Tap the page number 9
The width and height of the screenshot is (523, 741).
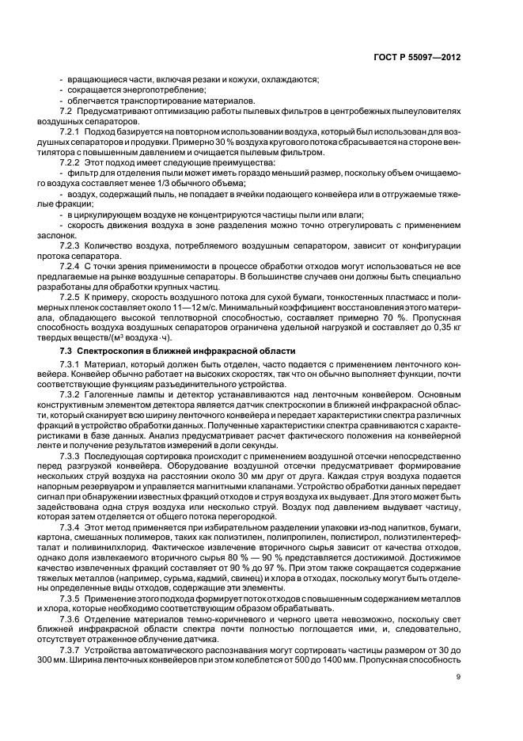coord(458,675)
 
